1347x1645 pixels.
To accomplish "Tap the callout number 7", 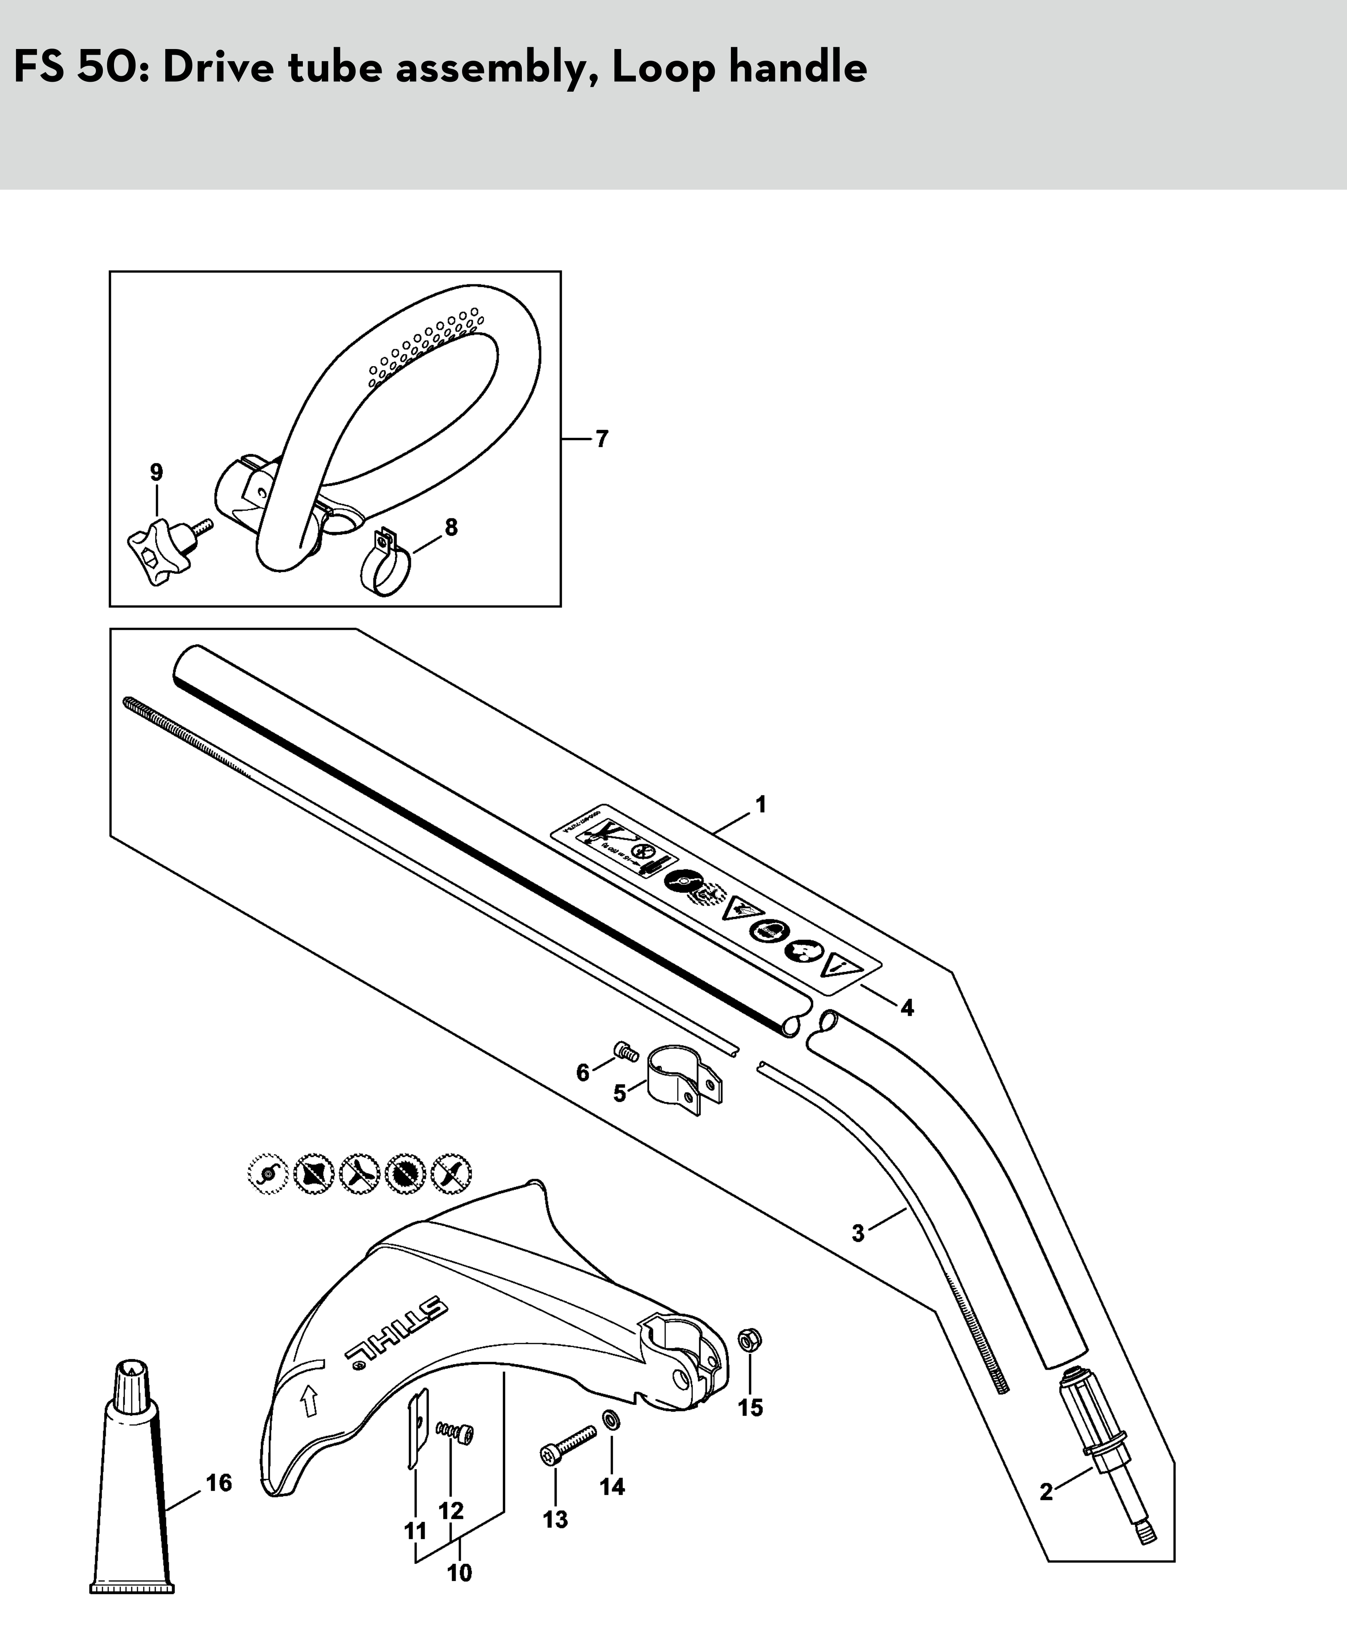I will [x=602, y=439].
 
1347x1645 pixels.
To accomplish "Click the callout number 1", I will [x=761, y=805].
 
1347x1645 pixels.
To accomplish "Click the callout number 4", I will [x=907, y=1008].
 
